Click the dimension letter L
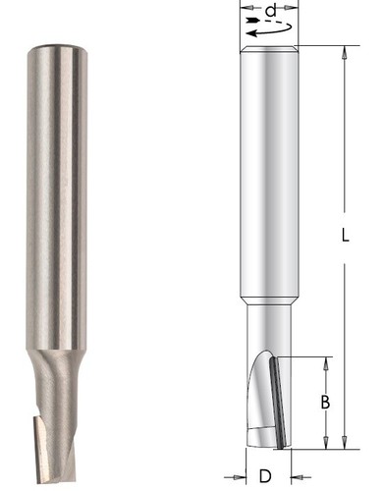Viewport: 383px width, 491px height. pos(345,236)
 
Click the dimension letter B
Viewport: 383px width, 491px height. pos(325,403)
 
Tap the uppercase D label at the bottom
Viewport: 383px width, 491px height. pos(265,476)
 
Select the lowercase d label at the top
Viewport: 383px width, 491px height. pos(271,11)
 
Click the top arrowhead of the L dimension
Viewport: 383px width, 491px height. pos(345,52)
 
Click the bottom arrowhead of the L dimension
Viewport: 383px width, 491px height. pos(345,442)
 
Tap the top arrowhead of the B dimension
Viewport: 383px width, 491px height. pos(326,363)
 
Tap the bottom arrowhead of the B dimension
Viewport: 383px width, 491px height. pos(326,442)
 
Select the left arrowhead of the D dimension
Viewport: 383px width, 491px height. pos(240,477)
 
